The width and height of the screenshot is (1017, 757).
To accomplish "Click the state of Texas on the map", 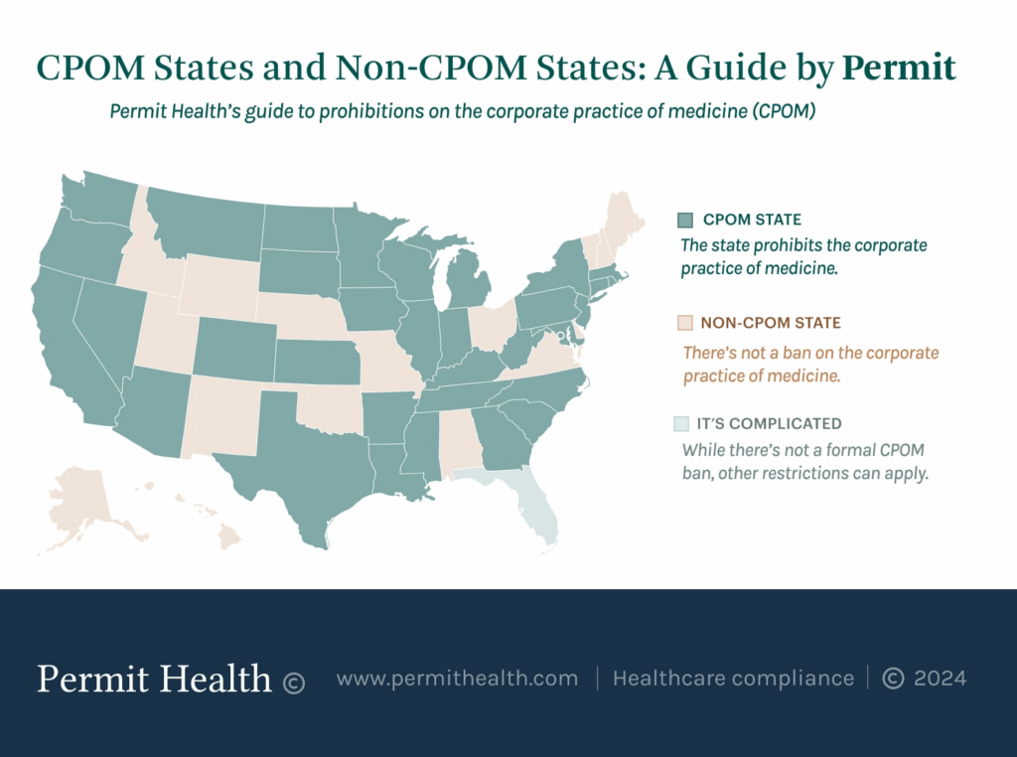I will pos(298,467).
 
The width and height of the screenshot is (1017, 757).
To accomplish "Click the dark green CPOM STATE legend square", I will pos(683,220).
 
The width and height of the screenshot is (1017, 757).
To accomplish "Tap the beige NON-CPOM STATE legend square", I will pos(683,323).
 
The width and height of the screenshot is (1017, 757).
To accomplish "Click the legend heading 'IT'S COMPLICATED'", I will pos(771,423).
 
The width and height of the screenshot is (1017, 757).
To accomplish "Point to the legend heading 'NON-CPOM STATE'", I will pos(771,323).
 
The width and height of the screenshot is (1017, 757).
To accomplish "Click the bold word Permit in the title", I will pos(899,68).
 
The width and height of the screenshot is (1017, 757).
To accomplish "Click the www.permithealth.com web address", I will pos(457,679).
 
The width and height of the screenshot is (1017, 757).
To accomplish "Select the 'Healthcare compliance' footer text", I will pos(733,679).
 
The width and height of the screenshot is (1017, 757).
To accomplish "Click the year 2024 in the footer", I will pos(940,679).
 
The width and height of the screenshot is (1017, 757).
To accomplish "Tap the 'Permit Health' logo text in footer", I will pos(154,679).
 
